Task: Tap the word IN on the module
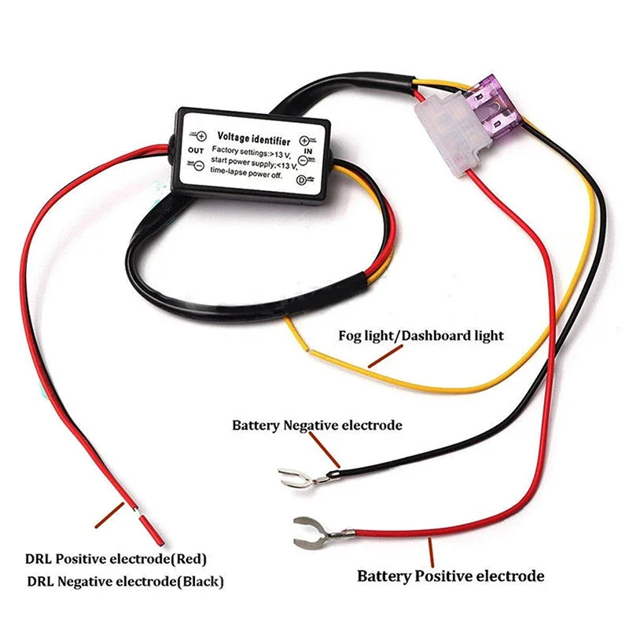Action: pyautogui.click(x=307, y=148)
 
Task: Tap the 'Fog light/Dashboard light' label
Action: pyautogui.click(x=421, y=336)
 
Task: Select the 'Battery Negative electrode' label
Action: pyautogui.click(x=317, y=425)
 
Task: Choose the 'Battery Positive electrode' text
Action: pyautogui.click(x=451, y=576)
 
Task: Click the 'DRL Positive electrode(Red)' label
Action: pyautogui.click(x=116, y=559)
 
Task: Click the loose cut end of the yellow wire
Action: pyautogui.click(x=289, y=320)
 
